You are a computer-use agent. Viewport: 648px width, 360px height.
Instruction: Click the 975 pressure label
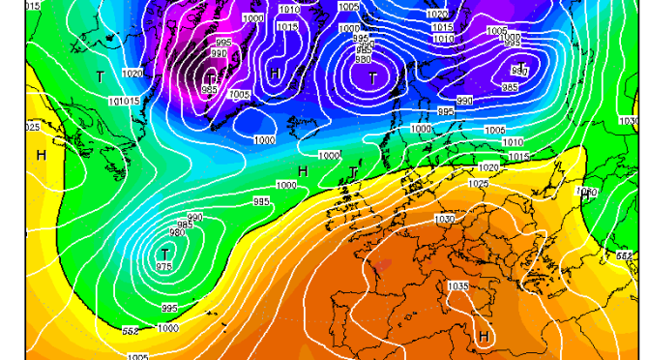(x=164, y=267)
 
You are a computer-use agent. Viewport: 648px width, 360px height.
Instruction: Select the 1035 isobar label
(x=458, y=286)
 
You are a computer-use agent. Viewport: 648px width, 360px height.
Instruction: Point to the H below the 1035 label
(x=483, y=336)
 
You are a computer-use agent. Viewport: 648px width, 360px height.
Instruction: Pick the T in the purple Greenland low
(x=211, y=76)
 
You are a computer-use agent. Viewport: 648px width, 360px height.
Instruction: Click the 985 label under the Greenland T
(x=210, y=90)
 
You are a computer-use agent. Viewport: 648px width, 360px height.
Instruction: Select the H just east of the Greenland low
(x=276, y=73)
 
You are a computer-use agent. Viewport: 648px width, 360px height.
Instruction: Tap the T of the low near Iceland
(x=372, y=76)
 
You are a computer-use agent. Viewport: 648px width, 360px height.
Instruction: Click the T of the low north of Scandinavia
(x=522, y=67)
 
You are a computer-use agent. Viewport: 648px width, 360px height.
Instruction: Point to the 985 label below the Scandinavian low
(x=511, y=88)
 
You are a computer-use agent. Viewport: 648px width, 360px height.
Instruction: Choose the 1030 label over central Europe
(x=445, y=220)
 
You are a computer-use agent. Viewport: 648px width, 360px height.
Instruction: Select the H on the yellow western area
(x=42, y=155)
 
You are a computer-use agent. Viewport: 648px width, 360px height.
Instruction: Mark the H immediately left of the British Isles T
(x=303, y=171)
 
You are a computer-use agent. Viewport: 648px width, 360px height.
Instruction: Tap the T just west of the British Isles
(x=354, y=171)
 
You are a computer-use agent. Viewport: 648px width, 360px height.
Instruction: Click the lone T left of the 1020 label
(x=101, y=75)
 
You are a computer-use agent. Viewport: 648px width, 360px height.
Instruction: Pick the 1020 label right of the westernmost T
(x=133, y=74)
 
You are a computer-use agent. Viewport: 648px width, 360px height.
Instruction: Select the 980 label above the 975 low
(x=177, y=232)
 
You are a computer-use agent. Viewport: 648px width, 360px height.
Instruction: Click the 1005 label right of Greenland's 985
(x=241, y=95)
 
